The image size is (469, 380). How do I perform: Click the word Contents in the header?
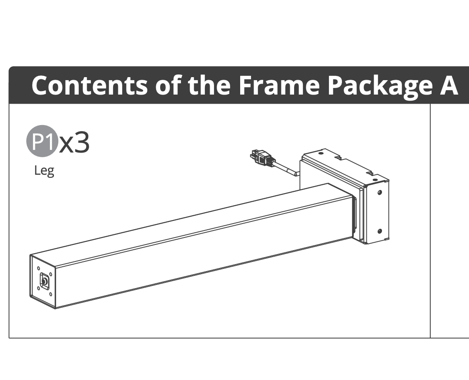pos(90,85)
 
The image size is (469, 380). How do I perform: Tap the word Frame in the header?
pos(279,85)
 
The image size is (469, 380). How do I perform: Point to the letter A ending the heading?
pos(449,85)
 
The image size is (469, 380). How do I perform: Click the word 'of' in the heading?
pos(168,85)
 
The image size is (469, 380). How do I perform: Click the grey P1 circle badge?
pos(43,141)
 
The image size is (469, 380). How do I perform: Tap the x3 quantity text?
pos(74,143)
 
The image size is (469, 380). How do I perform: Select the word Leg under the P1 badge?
pos(44,171)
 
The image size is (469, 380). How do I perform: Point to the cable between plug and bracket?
pos(286,169)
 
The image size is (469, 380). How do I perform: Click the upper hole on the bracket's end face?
pos(380,193)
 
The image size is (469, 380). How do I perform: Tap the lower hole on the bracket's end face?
pos(380,231)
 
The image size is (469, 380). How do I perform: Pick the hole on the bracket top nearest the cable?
pos(321,153)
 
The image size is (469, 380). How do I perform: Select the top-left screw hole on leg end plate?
pos(38,268)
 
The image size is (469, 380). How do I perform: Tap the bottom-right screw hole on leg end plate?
pos(51,294)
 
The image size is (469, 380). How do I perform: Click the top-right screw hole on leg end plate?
pos(50,274)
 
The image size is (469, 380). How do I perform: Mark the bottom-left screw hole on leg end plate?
pos(38,288)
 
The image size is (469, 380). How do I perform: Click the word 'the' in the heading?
pos(209,85)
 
